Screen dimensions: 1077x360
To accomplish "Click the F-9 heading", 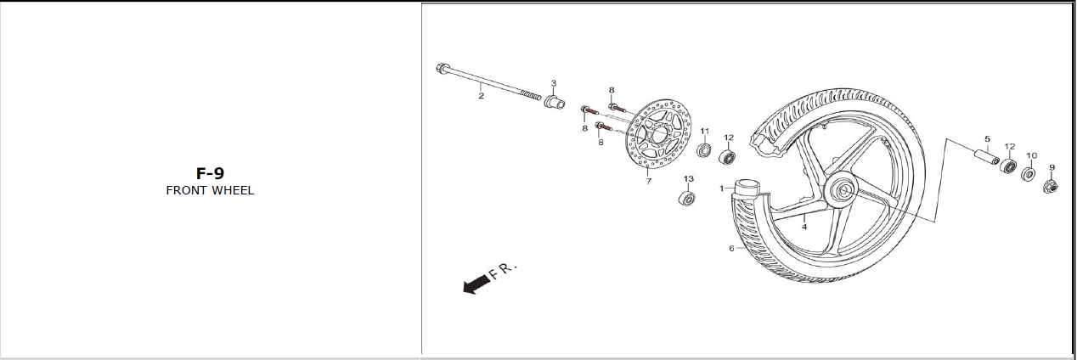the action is tap(210, 173).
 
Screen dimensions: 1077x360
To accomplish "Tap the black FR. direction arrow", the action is tap(476, 284).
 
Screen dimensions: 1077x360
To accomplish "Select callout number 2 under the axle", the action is tap(481, 96).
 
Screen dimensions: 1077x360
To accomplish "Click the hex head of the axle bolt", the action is tap(441, 69).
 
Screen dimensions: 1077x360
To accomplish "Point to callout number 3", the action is tap(554, 83).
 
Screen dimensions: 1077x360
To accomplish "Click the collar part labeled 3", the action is tap(555, 102).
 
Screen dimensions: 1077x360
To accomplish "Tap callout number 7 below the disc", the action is tap(649, 181).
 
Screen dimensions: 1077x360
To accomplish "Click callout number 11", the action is tap(705, 131).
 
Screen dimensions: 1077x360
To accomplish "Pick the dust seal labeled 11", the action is tap(704, 149).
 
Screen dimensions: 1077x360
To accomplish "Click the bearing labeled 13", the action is tap(687, 198).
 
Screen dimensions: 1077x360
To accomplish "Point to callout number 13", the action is tap(689, 179).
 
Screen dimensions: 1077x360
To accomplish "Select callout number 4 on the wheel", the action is tap(804, 227).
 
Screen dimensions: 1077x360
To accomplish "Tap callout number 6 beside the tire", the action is tap(732, 248).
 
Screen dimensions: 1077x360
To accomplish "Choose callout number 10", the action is tap(1032, 155).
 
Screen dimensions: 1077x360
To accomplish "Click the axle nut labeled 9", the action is tap(1050, 187).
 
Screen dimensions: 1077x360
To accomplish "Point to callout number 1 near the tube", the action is tap(722, 188).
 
